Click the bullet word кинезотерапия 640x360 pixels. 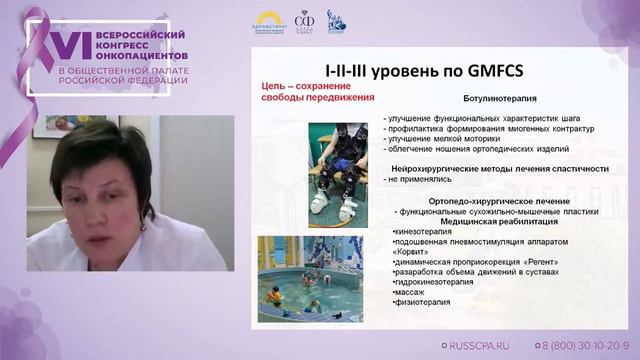[x=426, y=233]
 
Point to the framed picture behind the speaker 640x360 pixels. [x=54, y=126]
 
